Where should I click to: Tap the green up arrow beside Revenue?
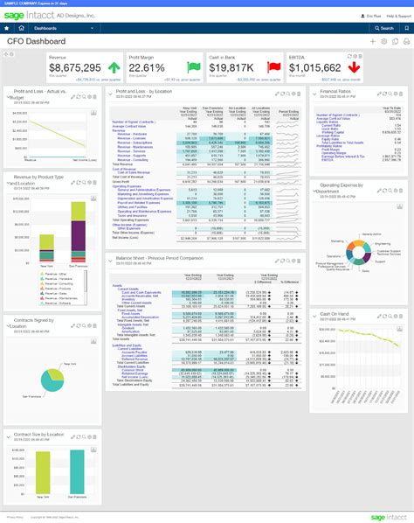click(x=114, y=67)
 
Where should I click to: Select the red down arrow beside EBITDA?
click(x=355, y=67)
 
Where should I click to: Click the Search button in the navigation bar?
click(x=384, y=28)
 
